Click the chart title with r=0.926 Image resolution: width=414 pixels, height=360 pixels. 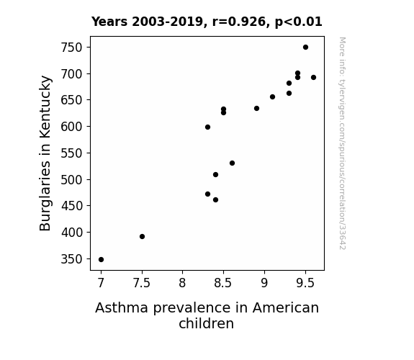[207, 22]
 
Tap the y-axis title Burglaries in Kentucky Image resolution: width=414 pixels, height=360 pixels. [45, 153]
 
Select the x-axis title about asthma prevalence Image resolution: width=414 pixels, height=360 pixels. [207, 315]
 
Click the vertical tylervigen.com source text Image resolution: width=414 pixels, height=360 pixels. [342, 143]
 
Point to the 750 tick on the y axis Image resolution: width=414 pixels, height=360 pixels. [71, 48]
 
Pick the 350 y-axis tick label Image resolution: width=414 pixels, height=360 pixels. [71, 259]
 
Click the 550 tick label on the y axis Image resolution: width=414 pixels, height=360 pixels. [71, 153]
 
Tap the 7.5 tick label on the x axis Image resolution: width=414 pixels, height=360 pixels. [142, 283]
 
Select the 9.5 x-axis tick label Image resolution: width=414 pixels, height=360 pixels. [305, 283]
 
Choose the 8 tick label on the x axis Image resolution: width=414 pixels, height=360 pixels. [182, 283]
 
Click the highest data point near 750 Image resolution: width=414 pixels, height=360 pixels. [305, 48]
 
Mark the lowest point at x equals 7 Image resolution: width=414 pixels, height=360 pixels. [101, 260]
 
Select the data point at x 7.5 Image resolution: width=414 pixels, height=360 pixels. [142, 236]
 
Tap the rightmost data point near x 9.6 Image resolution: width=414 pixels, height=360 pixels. [313, 77]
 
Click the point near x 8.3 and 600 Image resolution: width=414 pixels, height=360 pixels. [207, 127]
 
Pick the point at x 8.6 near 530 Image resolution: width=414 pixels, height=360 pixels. [232, 163]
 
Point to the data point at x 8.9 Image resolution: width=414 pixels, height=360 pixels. [256, 108]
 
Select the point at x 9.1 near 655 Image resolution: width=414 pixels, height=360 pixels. [272, 97]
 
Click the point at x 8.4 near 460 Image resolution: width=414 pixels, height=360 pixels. [215, 200]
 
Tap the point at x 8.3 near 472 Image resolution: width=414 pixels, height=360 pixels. [207, 194]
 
